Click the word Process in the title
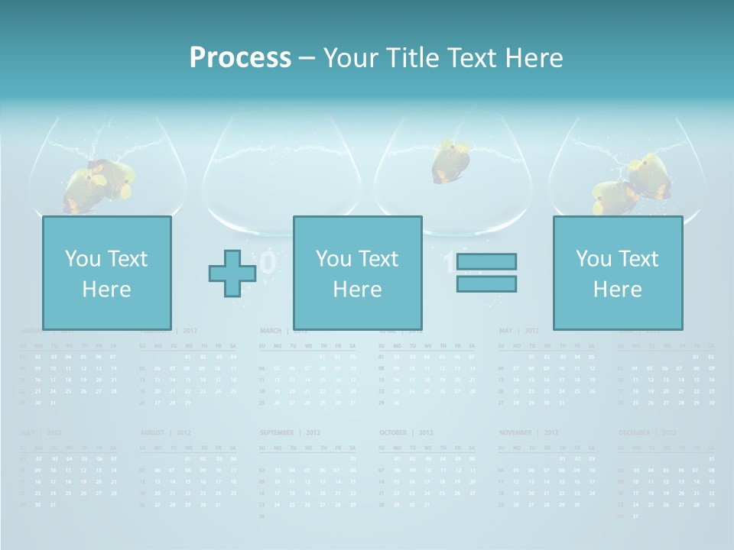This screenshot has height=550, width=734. (x=240, y=57)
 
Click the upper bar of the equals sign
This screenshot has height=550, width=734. (x=486, y=261)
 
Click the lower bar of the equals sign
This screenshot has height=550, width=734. (x=486, y=283)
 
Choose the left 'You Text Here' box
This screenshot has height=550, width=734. (x=106, y=273)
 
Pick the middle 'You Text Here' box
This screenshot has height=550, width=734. (x=357, y=273)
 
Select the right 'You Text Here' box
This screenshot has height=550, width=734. (x=617, y=273)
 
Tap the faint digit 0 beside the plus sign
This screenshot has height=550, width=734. (x=267, y=262)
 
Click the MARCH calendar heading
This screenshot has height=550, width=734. (x=271, y=331)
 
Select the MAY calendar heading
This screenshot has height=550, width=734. (x=505, y=331)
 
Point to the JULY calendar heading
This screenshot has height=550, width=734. (x=31, y=432)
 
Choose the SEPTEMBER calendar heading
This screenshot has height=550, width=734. (x=277, y=432)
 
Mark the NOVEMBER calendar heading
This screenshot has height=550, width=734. (x=516, y=432)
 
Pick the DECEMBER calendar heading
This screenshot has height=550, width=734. (x=635, y=432)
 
